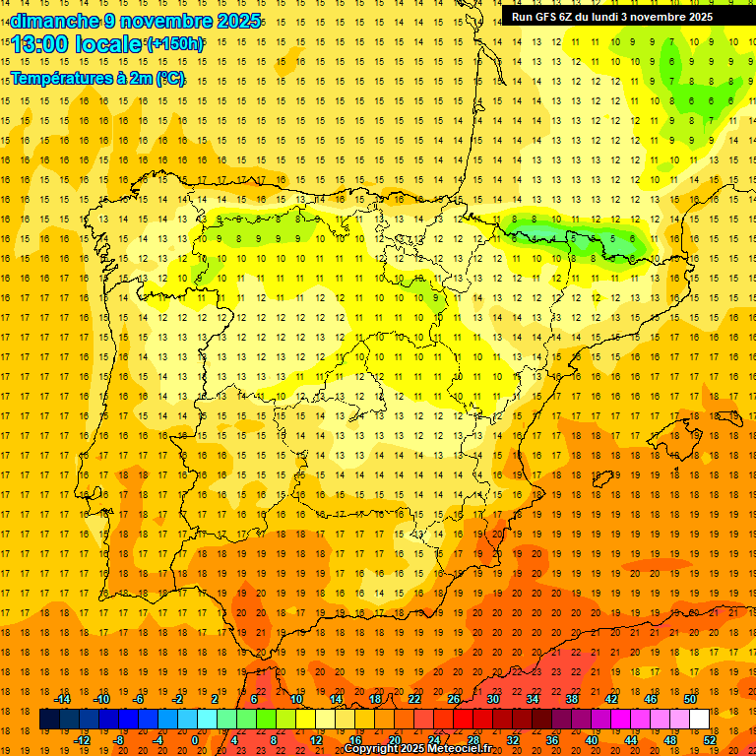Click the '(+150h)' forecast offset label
coord(175,44)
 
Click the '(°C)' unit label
coord(168,79)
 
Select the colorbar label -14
coord(62,699)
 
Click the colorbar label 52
coord(710,740)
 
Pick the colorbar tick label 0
coord(194,740)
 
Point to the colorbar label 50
coord(690,699)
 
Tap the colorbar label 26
coord(454,699)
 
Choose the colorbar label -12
coord(82,740)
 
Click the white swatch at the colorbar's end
coord(699,720)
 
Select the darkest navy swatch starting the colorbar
coord(49,720)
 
